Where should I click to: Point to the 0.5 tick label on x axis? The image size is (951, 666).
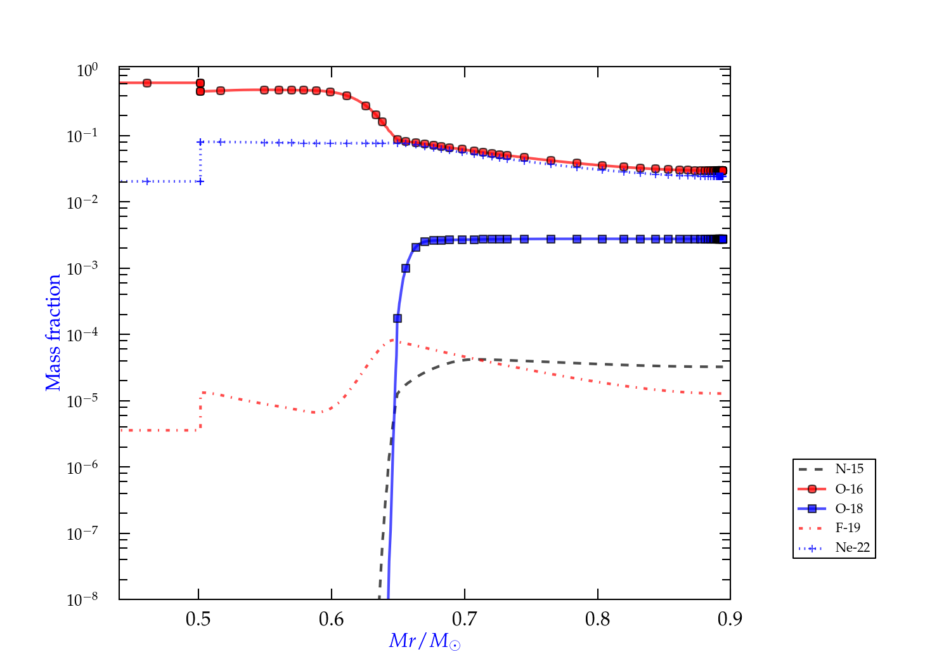tap(198, 619)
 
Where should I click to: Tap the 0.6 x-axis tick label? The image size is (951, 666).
tap(332, 619)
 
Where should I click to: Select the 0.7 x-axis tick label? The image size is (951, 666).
tap(465, 619)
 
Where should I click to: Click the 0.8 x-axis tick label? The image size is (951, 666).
tap(598, 619)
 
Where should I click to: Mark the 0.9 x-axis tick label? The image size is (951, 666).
tap(730, 619)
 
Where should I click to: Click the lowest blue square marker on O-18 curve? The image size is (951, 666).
tap(398, 318)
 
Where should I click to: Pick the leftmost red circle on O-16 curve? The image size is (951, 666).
tap(147, 83)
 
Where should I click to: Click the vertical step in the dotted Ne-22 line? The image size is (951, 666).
tap(200, 162)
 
